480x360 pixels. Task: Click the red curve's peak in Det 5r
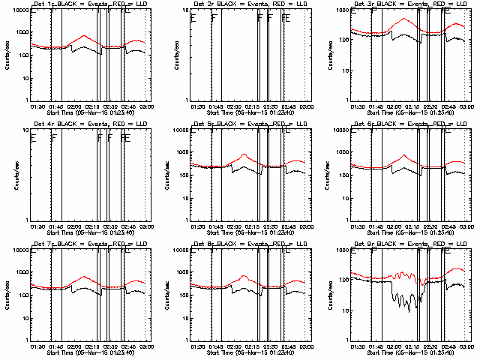[x=244, y=154]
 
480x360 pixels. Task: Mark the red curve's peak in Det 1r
[x=83, y=35]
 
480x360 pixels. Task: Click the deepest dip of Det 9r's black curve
[x=409, y=310]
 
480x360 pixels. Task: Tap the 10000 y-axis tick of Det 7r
[x=20, y=249]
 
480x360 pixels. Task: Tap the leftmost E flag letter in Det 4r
[x=33, y=137]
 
